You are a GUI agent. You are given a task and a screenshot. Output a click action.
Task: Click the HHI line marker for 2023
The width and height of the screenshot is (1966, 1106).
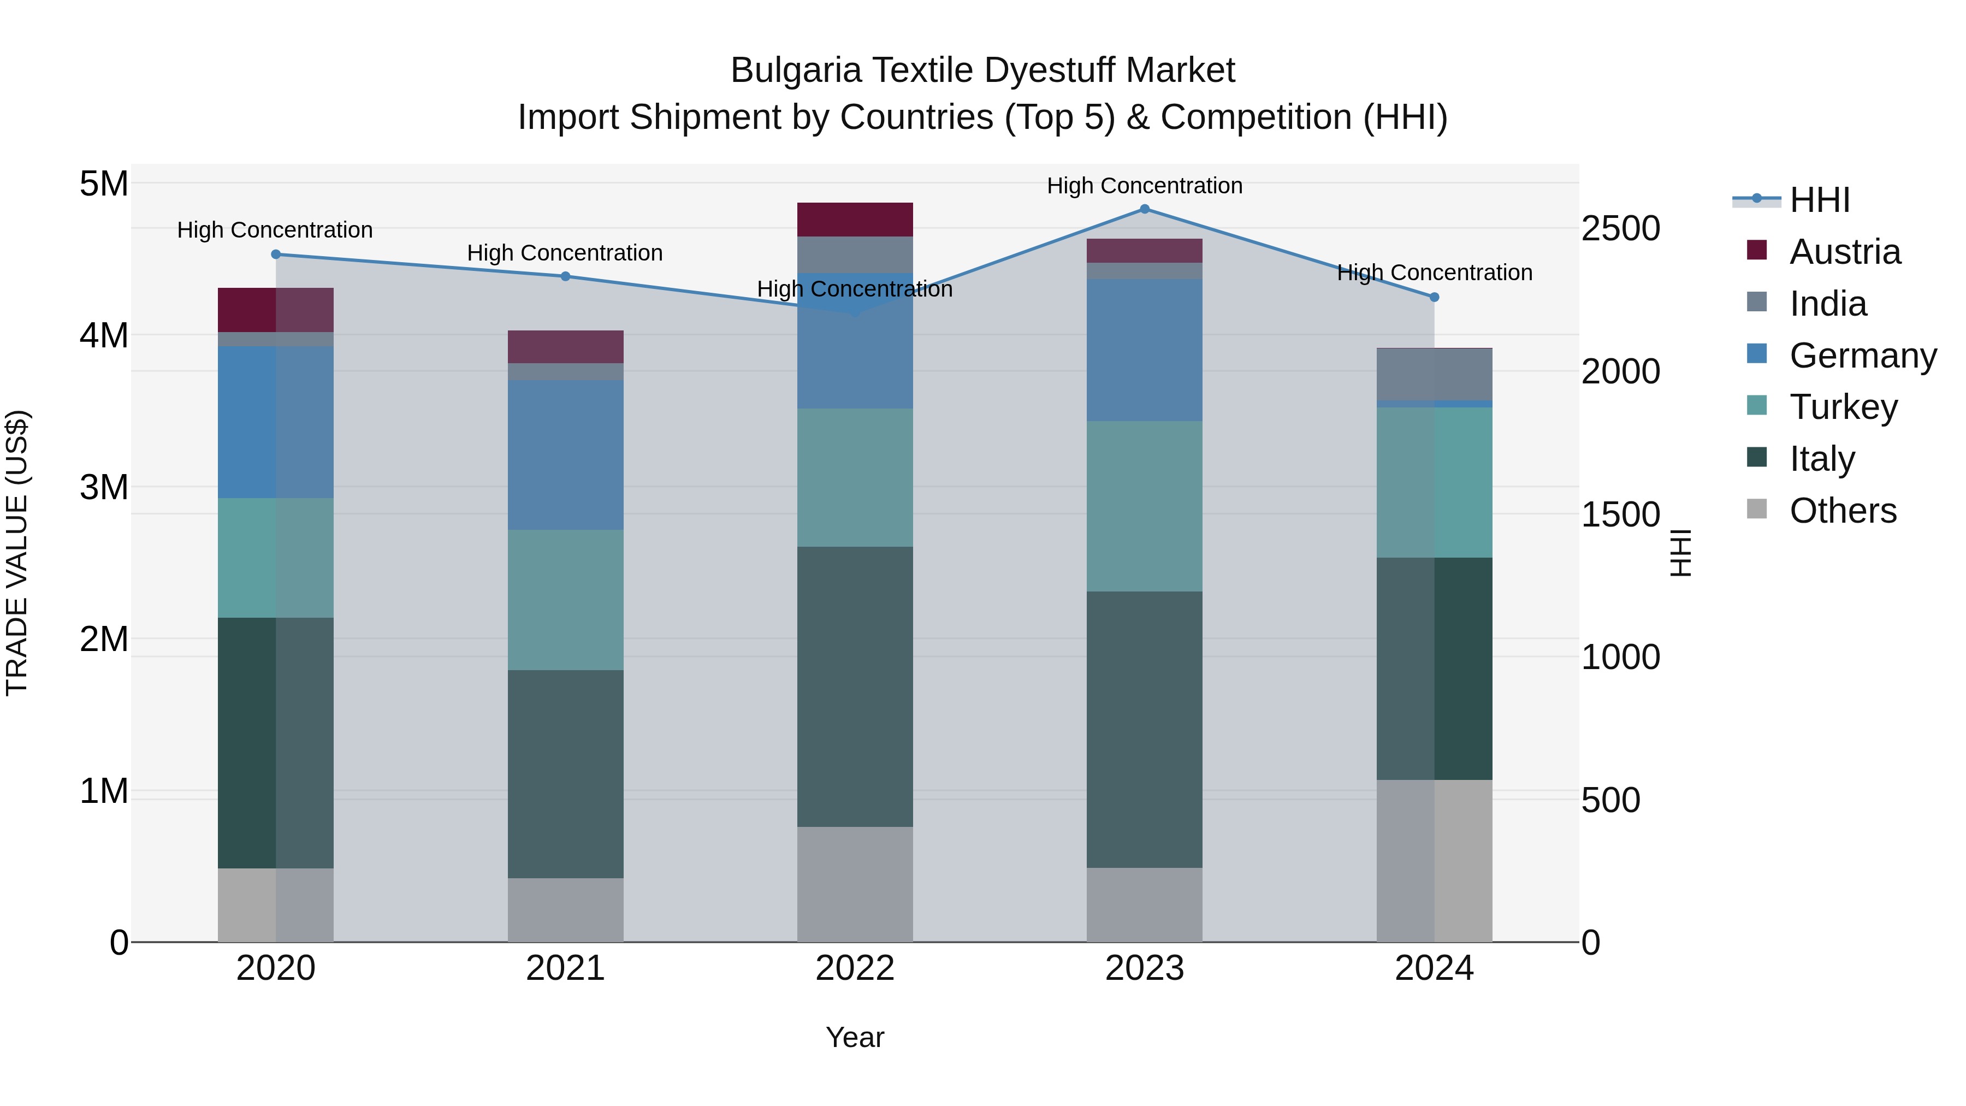[1144, 209]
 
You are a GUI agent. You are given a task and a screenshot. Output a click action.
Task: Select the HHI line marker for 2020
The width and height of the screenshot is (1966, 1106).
[276, 254]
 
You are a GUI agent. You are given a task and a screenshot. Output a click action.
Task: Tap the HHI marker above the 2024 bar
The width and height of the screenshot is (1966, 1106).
[1434, 297]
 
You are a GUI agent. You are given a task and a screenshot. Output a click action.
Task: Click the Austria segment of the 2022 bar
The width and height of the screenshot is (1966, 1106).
[855, 219]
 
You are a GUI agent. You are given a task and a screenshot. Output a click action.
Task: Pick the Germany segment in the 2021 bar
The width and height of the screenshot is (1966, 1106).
[566, 454]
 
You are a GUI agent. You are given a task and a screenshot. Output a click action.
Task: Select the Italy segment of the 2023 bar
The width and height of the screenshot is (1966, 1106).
[1144, 729]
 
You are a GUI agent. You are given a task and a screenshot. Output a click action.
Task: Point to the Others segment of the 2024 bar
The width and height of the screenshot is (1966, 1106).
[1434, 860]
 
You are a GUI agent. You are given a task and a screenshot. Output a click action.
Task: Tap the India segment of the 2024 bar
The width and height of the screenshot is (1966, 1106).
[1434, 374]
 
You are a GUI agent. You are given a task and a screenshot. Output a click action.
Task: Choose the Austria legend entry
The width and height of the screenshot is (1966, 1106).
[1845, 252]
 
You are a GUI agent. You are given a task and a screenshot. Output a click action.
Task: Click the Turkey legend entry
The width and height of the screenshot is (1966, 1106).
[1843, 407]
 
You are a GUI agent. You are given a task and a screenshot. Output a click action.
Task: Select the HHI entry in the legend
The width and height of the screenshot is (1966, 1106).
[1820, 200]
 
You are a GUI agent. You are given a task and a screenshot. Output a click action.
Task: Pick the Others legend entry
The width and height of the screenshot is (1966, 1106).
[1843, 511]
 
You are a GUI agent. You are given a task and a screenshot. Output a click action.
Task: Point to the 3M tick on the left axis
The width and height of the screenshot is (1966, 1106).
[104, 487]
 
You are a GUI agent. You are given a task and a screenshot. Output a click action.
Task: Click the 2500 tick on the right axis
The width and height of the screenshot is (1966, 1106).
[1620, 228]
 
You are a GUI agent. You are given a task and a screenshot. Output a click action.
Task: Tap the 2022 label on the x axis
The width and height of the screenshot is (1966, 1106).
[855, 968]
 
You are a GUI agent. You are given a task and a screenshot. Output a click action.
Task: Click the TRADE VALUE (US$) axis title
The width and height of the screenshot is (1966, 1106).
[17, 553]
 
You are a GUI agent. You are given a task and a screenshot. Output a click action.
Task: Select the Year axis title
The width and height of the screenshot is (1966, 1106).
[855, 1037]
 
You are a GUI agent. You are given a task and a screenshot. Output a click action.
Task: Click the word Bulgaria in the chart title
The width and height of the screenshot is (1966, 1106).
[796, 70]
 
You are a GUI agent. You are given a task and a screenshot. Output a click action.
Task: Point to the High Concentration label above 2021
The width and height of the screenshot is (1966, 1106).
[565, 253]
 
